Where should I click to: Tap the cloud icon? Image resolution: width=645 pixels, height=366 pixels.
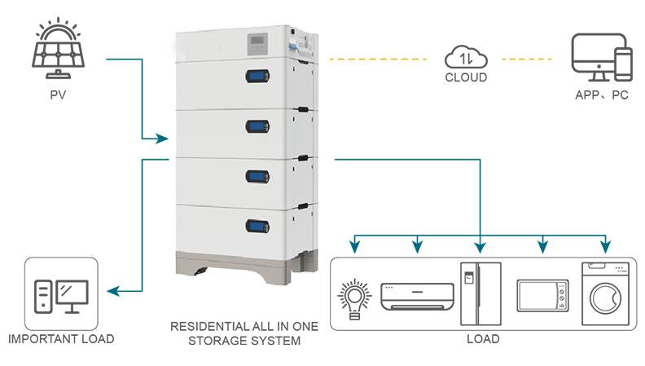point(466,58)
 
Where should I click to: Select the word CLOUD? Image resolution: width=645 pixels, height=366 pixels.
point(466,78)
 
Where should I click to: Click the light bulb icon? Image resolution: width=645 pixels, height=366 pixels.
point(353,297)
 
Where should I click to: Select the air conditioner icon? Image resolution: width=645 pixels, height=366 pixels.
point(417,296)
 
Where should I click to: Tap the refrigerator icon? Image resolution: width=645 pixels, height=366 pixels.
point(476,293)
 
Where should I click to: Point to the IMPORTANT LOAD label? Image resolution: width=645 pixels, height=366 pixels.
point(60,339)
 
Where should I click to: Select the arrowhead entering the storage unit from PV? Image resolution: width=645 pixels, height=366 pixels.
point(162,139)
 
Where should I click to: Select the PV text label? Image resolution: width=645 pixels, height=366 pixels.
point(57,95)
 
